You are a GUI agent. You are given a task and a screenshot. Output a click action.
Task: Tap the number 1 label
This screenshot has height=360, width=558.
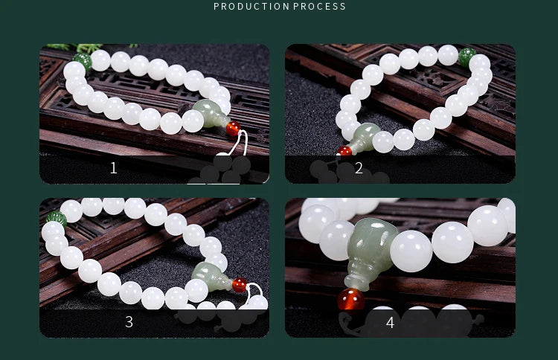113,168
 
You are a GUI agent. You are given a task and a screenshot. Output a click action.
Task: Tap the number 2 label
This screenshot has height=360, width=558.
359,168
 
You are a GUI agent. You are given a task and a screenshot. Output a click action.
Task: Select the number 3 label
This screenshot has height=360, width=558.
129,322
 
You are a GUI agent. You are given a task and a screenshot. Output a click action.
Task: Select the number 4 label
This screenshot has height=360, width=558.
390,322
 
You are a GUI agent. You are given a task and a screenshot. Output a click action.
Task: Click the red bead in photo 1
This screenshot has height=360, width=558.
233,129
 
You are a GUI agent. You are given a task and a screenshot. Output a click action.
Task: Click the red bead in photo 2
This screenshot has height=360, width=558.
345,152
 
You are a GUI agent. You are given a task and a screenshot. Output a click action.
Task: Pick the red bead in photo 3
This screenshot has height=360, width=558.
240,284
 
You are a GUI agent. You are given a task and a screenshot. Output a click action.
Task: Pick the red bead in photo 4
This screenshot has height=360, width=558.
350,299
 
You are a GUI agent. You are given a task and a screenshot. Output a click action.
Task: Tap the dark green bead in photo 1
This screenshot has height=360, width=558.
82,60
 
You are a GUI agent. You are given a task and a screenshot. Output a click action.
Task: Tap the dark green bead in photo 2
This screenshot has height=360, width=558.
467,57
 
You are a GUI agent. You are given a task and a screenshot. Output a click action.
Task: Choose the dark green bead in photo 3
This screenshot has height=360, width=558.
57,219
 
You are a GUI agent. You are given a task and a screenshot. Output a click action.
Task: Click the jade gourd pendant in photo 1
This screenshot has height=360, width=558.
209,115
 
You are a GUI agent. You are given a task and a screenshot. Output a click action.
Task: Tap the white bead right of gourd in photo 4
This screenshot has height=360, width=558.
411,251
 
